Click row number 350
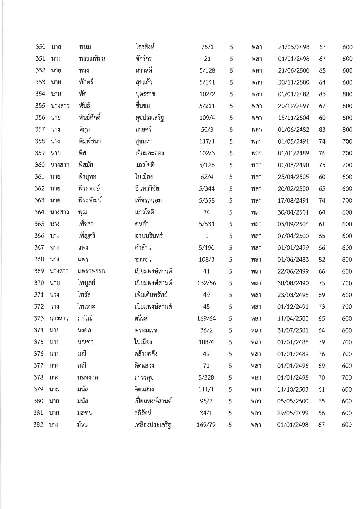click(40, 47)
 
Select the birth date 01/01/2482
click(293, 94)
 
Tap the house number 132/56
click(206, 283)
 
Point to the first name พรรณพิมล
click(92, 59)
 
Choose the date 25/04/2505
click(293, 177)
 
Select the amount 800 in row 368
click(347, 260)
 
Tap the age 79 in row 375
click(321, 342)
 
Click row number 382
click(39, 425)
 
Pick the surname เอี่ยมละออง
click(147, 153)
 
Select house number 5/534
click(207, 224)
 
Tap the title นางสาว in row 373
click(59, 319)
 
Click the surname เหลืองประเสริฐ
click(150, 425)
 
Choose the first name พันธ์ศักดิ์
click(89, 118)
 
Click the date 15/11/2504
click(293, 118)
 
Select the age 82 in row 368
click(322, 260)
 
